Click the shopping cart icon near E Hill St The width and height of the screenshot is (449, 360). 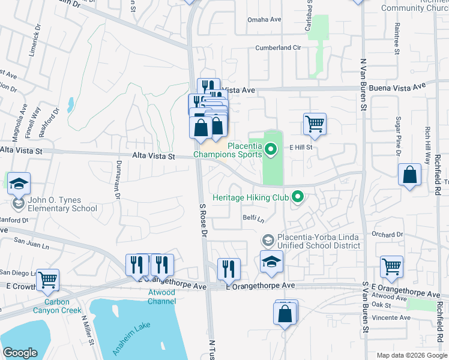coord(315,124)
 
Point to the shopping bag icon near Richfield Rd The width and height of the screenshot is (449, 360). coord(409,175)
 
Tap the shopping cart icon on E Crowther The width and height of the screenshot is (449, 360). coord(47,279)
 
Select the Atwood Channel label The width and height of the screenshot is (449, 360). coord(161,296)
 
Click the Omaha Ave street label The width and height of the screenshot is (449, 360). coord(265,19)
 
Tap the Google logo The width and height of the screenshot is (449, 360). coord(20,353)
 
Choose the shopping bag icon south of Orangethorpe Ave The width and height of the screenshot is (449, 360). coord(285,313)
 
